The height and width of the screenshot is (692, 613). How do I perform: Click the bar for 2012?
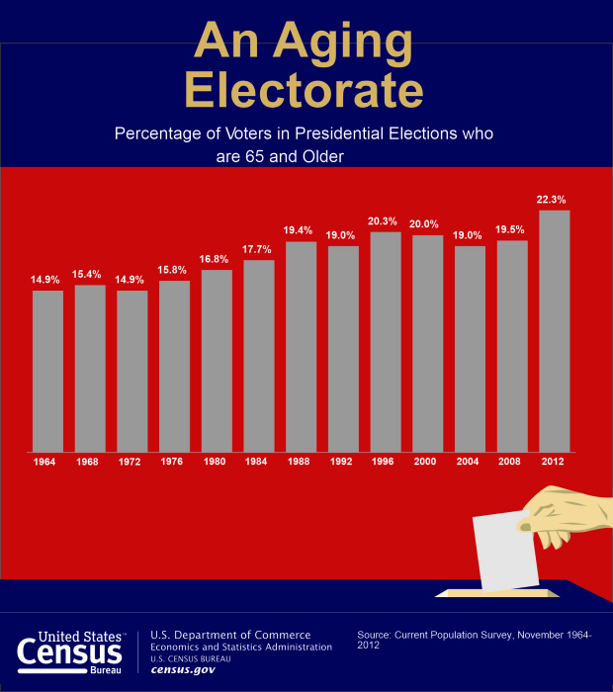tap(554, 331)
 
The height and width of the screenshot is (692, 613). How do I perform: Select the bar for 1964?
tap(47, 371)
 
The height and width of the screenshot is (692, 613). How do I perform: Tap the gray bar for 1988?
tap(301, 346)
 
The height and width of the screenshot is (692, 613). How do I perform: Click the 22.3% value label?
tap(554, 199)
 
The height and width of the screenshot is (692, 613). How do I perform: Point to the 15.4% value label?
tap(90, 273)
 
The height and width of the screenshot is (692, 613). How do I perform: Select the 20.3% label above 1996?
tap(385, 220)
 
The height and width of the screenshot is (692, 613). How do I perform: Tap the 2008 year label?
tap(511, 461)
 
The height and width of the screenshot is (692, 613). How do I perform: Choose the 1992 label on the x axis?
tap(343, 461)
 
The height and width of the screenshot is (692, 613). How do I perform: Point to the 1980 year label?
tap(217, 461)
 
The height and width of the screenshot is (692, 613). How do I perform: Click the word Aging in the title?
tap(327, 43)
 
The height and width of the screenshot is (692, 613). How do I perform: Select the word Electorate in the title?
tap(306, 91)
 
